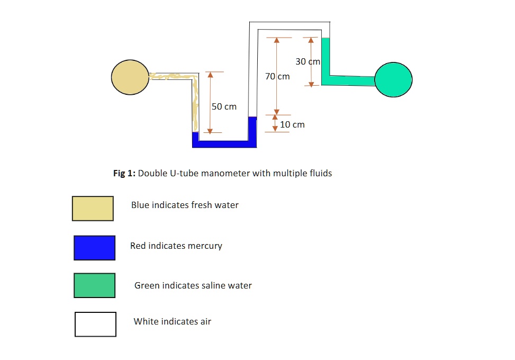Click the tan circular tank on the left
130,77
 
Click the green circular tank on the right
393,79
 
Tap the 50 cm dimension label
224,107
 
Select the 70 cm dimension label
277,77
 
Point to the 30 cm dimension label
308,62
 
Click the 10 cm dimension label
292,125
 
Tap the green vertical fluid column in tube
326,57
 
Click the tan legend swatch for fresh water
93,209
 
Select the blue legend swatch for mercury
94,248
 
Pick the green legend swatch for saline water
94,285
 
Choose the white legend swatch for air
95,324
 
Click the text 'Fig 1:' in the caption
125,173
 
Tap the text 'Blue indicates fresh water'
185,205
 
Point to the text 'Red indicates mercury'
176,246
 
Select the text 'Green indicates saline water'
193,286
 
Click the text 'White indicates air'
172,321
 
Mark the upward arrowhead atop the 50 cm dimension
210,75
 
